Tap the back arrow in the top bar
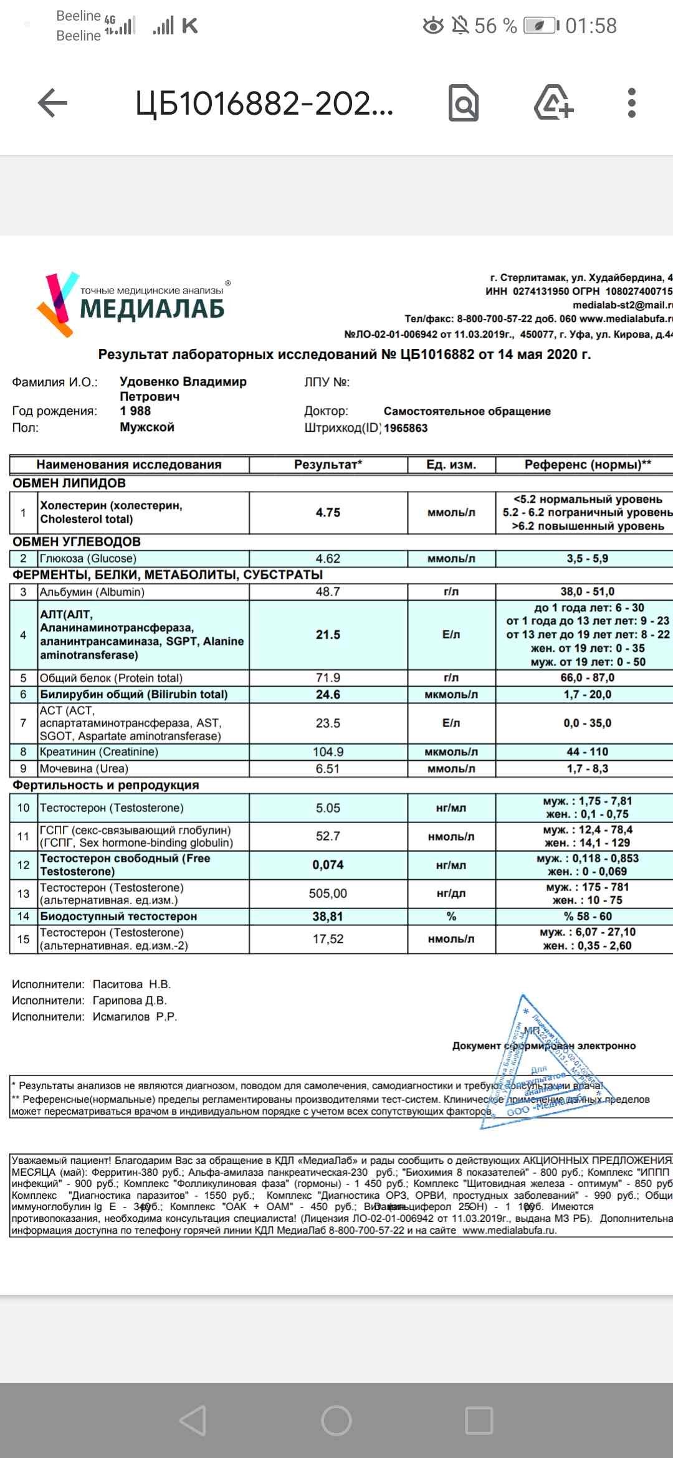[x=52, y=103]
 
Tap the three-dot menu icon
[x=631, y=103]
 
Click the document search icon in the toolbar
[x=464, y=103]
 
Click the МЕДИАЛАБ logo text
[x=152, y=308]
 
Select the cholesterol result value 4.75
[x=328, y=512]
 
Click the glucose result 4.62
[x=328, y=558]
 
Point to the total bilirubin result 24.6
[x=328, y=694]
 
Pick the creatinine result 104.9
[x=328, y=751]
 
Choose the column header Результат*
[x=328, y=464]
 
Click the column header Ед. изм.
[x=451, y=464]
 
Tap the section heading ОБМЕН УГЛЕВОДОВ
[x=77, y=541]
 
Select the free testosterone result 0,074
[x=328, y=865]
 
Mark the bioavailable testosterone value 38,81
[x=328, y=916]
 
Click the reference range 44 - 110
[x=587, y=751]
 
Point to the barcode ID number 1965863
[x=406, y=428]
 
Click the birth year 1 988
[x=135, y=411]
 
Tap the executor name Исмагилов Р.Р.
[x=135, y=1016]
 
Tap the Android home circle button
[x=336, y=1421]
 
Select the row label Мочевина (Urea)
[x=84, y=768]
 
